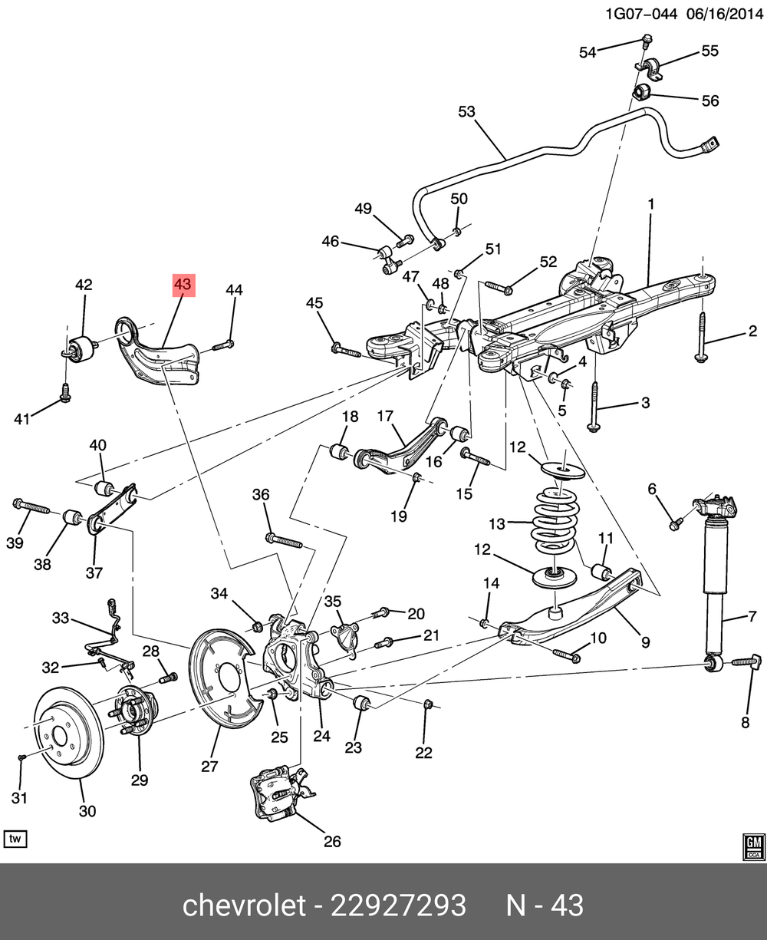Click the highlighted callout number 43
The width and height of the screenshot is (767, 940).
click(x=183, y=285)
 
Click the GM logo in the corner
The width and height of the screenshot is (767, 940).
click(x=752, y=843)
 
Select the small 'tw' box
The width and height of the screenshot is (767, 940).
click(x=15, y=839)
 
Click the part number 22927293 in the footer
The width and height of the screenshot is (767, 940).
click(x=398, y=905)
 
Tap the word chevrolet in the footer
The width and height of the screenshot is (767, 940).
click(x=243, y=905)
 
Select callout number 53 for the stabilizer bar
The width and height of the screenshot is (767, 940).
click(x=467, y=112)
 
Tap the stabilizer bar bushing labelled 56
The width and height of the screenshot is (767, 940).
click(x=641, y=95)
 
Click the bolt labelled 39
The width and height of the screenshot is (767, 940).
click(x=31, y=506)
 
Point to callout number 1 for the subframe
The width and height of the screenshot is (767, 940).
click(x=650, y=204)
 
